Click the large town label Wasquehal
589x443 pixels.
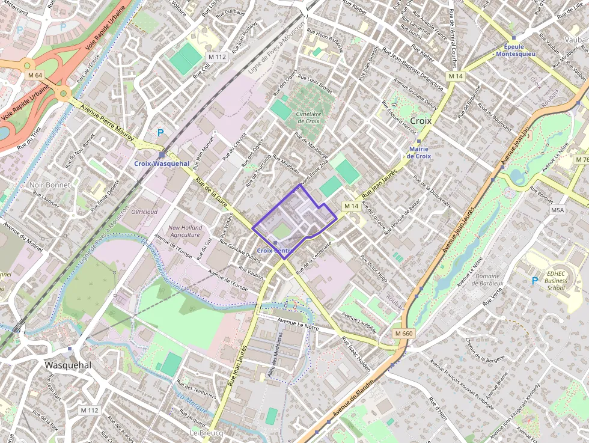[68, 365]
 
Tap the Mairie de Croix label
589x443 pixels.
[420, 152]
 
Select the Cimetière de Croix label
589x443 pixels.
[309, 117]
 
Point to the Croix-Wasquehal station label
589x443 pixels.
[162, 163]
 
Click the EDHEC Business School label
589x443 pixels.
[557, 280]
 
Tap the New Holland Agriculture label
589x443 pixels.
[185, 231]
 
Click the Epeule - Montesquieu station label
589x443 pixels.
[515, 50]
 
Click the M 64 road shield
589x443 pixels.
[35, 75]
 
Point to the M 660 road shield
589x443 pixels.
[404, 333]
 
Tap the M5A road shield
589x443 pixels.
[558, 210]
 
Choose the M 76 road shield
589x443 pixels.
[582, 159]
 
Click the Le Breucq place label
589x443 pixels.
[206, 433]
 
